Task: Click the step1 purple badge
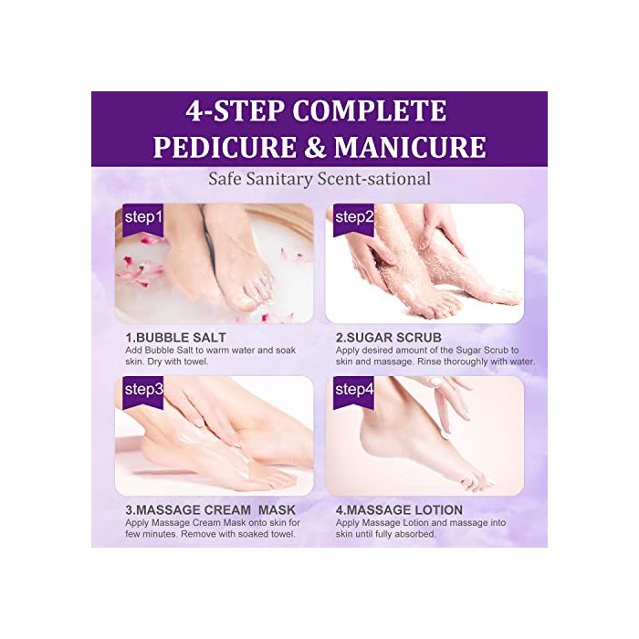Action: click(x=143, y=218)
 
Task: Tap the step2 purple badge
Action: click(x=354, y=217)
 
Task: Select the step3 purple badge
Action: click(x=143, y=390)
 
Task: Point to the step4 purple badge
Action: click(x=354, y=390)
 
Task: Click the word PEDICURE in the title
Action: click(x=220, y=146)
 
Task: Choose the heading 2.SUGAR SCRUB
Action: click(x=391, y=336)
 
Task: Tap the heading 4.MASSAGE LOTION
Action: click(x=399, y=509)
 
